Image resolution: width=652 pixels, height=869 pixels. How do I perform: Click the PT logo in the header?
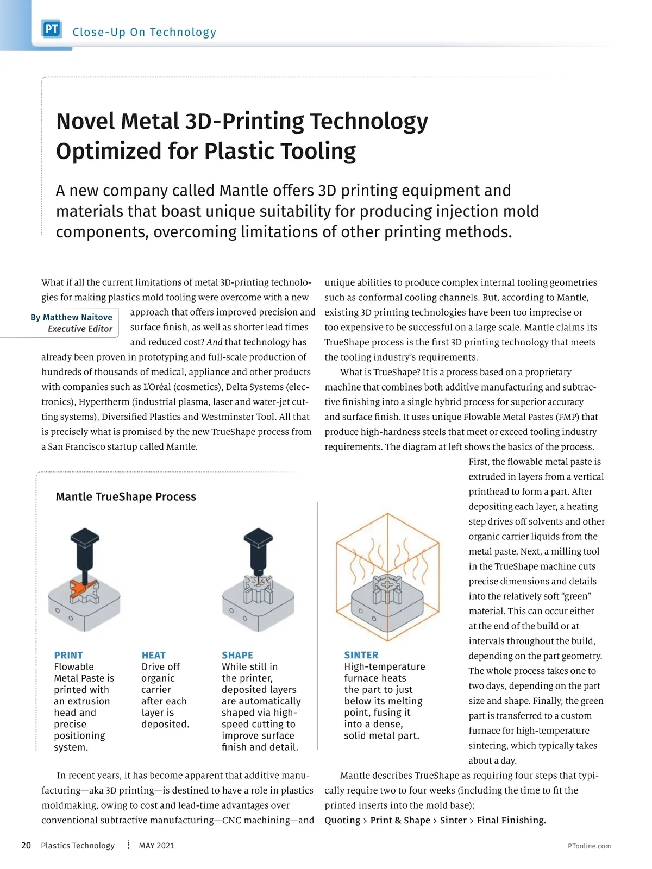coord(52,29)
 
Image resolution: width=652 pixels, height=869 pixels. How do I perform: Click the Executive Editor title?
coord(80,329)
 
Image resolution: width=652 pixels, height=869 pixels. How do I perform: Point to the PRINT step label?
coord(68,655)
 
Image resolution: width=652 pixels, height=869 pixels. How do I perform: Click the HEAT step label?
coord(154,655)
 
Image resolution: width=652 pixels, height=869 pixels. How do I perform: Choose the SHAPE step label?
coord(237,655)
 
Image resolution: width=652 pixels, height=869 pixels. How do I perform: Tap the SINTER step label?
coord(361,655)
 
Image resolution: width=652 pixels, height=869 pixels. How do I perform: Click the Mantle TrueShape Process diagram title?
coord(126,497)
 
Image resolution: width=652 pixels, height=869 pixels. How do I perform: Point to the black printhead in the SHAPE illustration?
coord(258,549)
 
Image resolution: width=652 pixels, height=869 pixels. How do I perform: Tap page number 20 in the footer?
coord(26,846)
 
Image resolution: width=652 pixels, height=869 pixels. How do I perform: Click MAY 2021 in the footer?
coord(156,846)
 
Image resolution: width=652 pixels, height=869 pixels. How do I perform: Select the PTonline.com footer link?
coord(589,846)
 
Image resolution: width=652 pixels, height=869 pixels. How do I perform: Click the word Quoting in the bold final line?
coord(342,821)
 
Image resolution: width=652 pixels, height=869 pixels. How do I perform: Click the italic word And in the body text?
coord(215,342)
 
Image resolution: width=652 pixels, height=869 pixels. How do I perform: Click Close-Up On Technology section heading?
coord(145,32)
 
